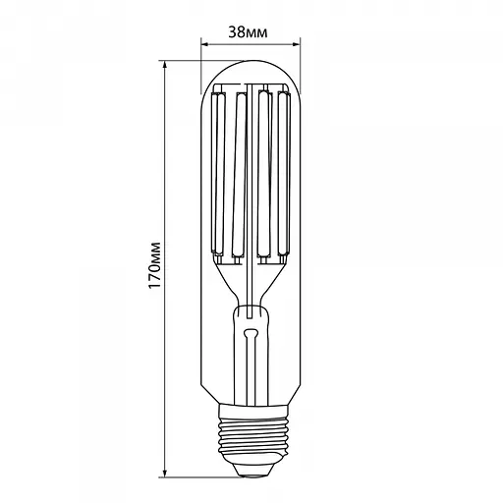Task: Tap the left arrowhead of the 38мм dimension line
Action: (x=204, y=43)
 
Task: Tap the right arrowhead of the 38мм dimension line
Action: (x=293, y=43)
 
